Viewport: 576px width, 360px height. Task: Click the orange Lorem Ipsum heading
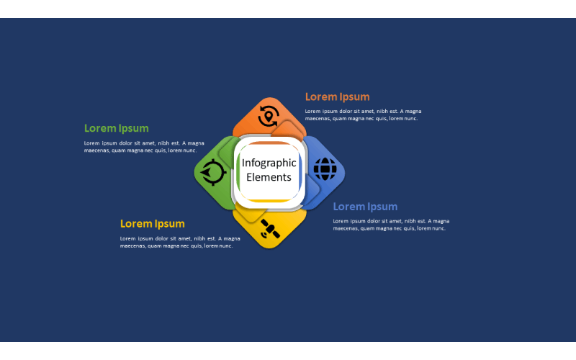[x=337, y=97]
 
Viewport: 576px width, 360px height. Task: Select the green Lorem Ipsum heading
[x=117, y=129]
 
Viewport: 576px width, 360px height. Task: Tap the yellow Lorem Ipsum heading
[x=153, y=224]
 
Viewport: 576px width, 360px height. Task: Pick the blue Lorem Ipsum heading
[x=365, y=207]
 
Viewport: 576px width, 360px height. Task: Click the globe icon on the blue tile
[x=325, y=169]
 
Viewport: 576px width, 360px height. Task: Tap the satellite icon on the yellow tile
[x=270, y=229]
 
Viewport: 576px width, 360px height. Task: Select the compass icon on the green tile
[x=212, y=172]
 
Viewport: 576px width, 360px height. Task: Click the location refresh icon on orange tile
[x=269, y=116]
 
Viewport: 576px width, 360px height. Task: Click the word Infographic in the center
[x=269, y=163]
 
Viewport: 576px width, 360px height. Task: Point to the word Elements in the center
[x=269, y=177]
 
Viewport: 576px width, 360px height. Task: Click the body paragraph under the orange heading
[x=363, y=115]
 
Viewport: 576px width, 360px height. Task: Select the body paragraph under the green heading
[x=144, y=147]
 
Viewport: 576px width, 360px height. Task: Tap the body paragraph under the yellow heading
[x=180, y=243]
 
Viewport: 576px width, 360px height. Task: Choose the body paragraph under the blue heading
[x=391, y=225]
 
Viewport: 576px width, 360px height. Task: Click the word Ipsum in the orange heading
[x=354, y=97]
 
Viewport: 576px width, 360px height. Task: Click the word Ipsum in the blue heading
[x=382, y=207]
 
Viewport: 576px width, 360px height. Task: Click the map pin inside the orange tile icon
[x=269, y=117]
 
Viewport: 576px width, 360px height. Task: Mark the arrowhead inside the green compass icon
[x=206, y=172]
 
